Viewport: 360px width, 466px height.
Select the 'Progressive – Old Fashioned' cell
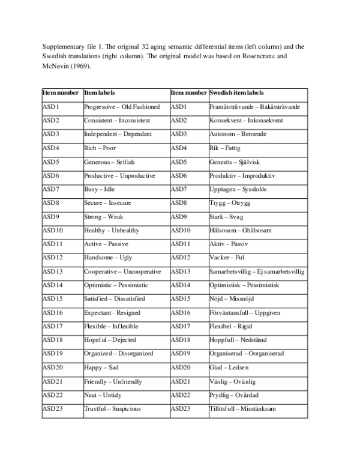coord(122,107)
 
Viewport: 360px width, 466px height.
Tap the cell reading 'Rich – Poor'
coord(100,148)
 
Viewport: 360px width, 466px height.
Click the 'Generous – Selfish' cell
coord(109,162)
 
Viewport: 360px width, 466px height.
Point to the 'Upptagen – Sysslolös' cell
coord(238,189)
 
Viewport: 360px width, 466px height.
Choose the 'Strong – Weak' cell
coord(103,217)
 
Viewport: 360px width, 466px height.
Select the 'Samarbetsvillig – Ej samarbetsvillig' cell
coord(257,271)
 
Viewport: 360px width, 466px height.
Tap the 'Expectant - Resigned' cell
coord(112,313)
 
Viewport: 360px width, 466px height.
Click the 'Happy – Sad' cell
coord(101,368)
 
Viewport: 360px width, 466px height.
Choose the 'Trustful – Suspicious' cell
coord(112,409)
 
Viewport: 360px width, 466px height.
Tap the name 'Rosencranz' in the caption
coord(260,56)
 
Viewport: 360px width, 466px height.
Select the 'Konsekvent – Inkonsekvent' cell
coord(246,121)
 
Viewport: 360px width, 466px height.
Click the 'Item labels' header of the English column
coord(100,93)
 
